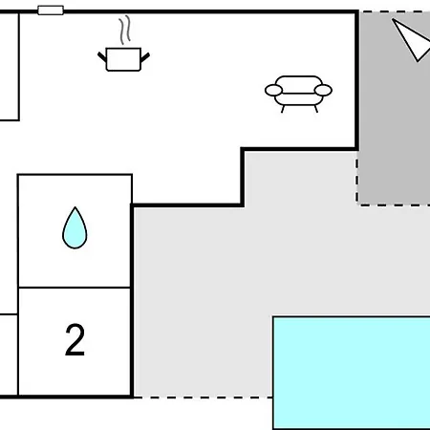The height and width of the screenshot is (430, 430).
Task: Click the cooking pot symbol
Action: click(x=123, y=59)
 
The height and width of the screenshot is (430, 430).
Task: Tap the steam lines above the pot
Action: click(x=125, y=30)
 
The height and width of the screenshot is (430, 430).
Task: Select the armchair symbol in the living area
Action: click(x=298, y=94)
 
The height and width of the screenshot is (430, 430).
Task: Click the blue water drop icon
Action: click(x=75, y=227)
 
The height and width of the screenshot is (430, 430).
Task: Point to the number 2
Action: click(x=75, y=339)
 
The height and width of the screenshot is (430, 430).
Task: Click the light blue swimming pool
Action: click(x=352, y=373)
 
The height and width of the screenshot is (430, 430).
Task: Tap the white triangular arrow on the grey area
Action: click(x=412, y=39)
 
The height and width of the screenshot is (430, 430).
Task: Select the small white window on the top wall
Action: click(x=51, y=11)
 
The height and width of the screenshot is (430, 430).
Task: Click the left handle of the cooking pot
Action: click(x=102, y=57)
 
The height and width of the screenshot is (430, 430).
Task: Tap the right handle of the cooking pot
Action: click(x=145, y=57)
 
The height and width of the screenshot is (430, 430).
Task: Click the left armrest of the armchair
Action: click(x=274, y=90)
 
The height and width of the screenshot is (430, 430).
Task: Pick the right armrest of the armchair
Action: click(x=323, y=90)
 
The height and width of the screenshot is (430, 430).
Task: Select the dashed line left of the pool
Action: click(x=203, y=398)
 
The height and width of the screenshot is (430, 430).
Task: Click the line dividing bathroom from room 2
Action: click(x=75, y=288)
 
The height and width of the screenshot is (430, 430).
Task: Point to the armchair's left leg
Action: click(x=283, y=109)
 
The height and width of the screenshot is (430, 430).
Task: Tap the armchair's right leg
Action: click(x=316, y=109)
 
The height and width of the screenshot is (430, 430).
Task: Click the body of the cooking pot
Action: click(x=123, y=59)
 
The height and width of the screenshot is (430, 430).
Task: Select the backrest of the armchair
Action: click(x=298, y=84)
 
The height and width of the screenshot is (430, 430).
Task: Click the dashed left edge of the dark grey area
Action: click(x=357, y=181)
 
